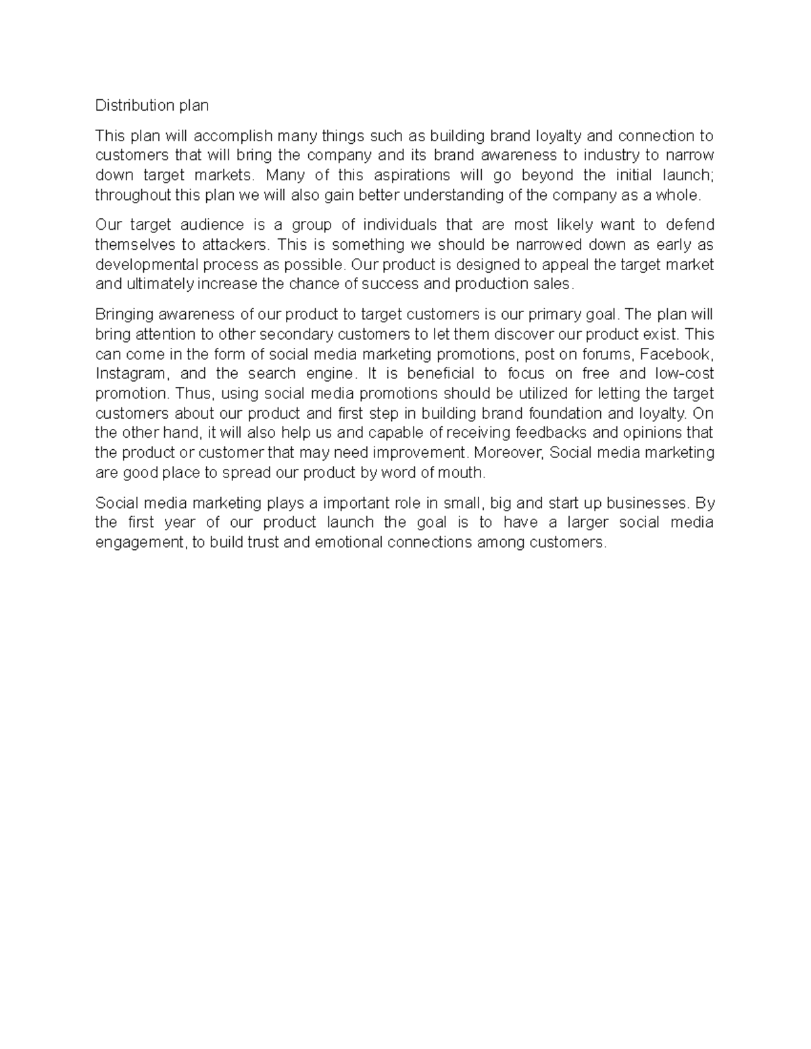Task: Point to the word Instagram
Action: (130, 374)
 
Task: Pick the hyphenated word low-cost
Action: (685, 374)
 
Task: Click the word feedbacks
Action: (554, 433)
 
